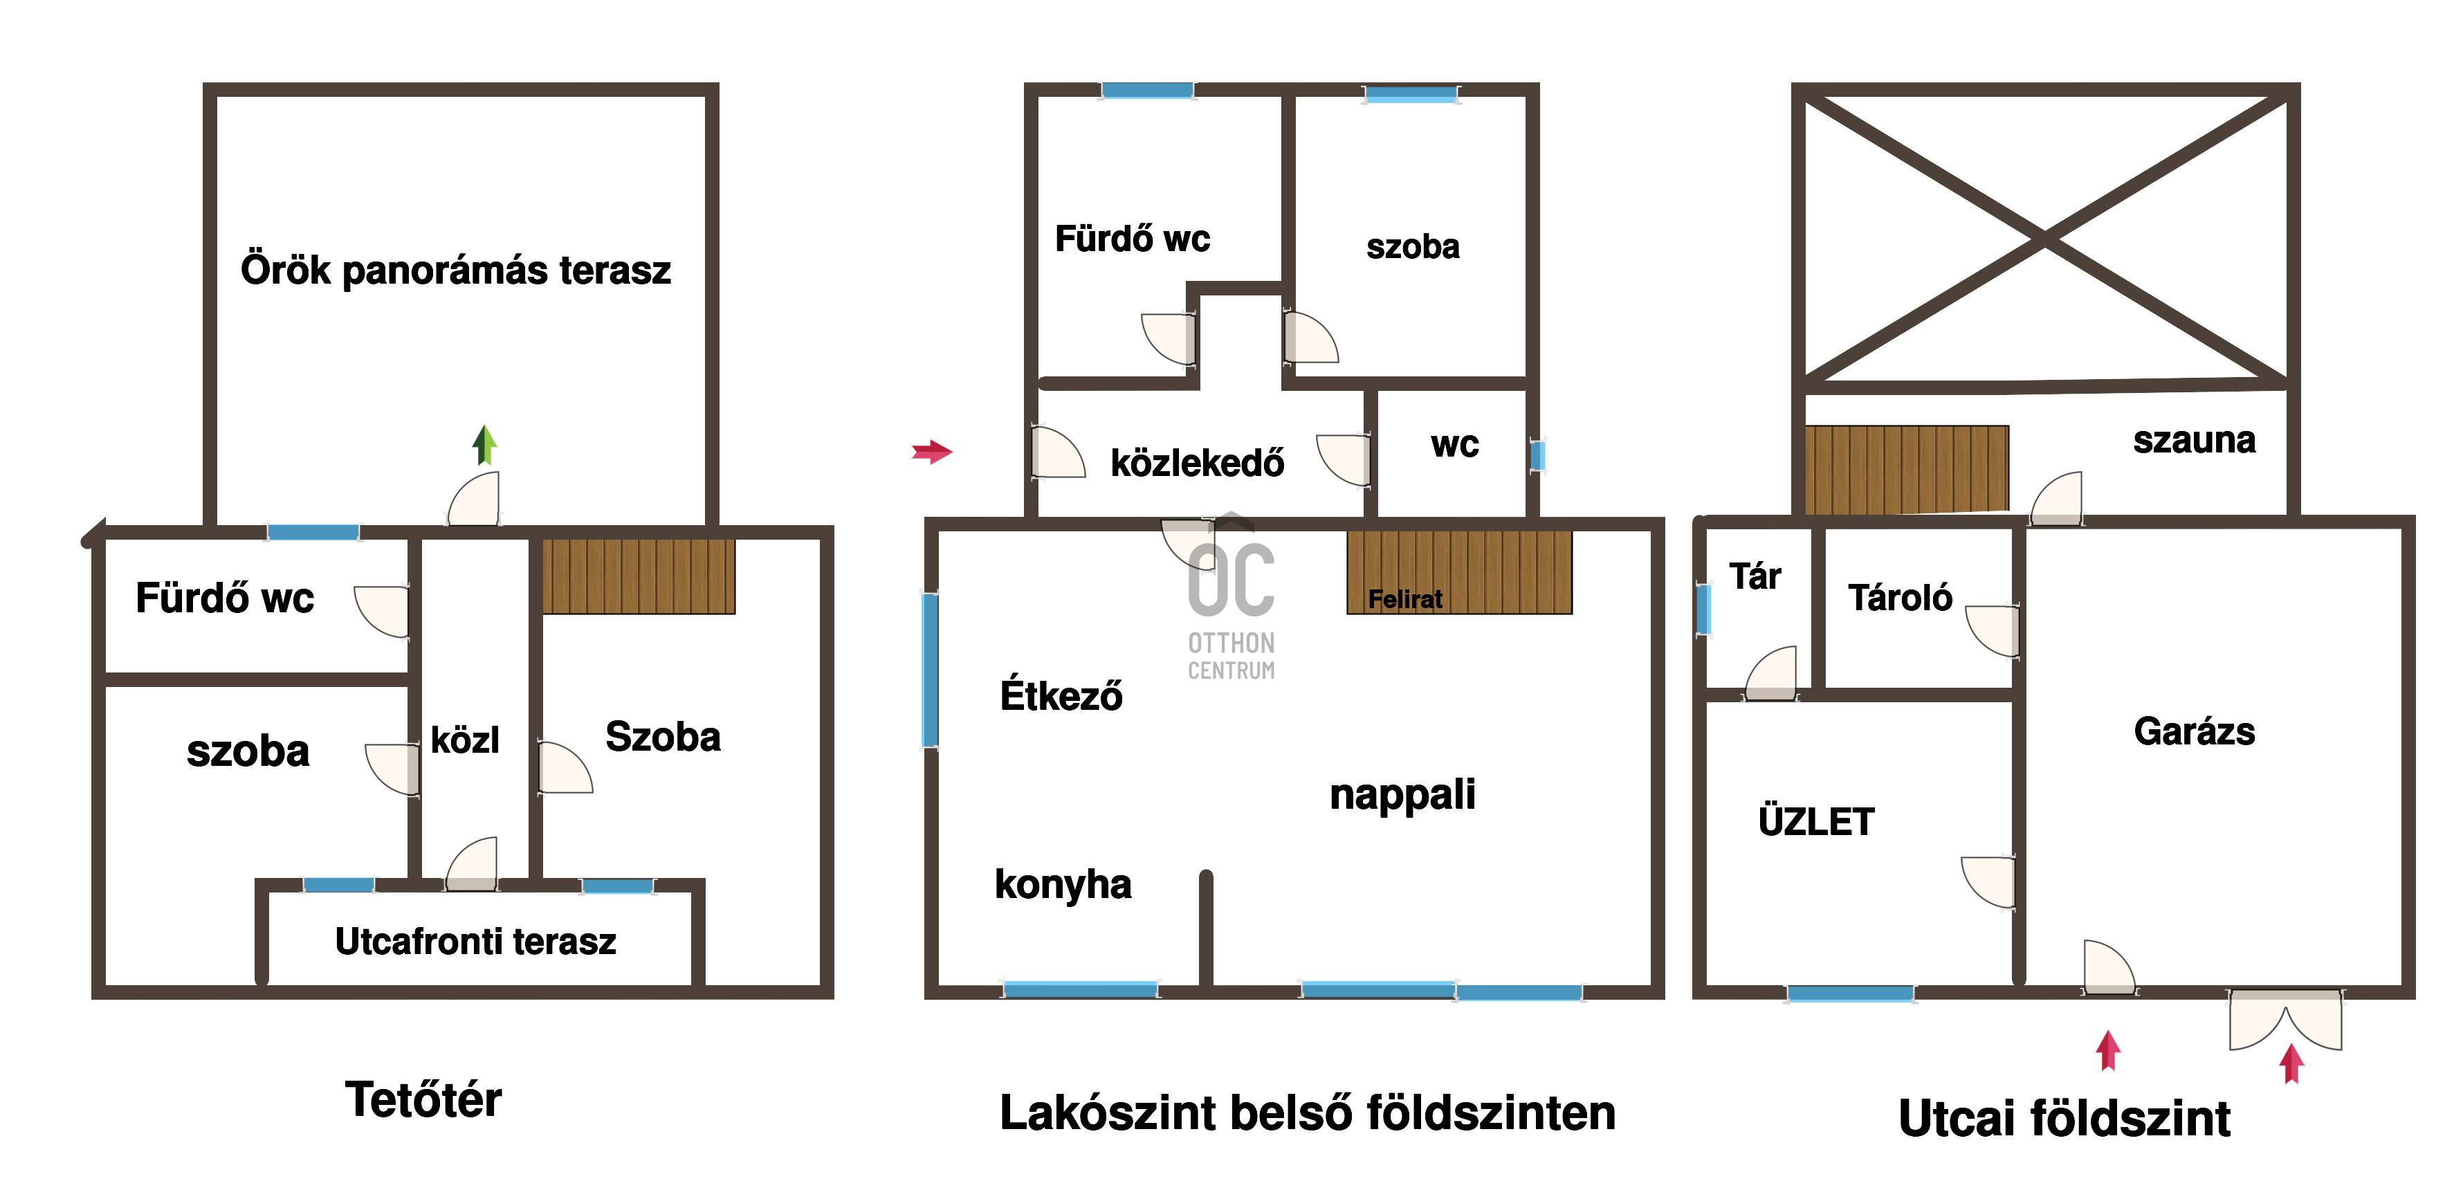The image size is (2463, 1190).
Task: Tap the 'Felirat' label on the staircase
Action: point(1404,599)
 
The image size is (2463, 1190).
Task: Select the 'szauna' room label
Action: point(2195,440)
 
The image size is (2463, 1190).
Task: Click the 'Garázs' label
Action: point(2195,731)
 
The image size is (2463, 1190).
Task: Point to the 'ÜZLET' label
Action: point(1815,822)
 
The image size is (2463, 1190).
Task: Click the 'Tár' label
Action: point(1755,576)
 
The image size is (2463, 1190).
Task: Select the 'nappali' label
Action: point(1402,794)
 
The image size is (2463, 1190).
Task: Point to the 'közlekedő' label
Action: point(1197,464)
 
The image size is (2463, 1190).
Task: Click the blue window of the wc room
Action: point(1537,455)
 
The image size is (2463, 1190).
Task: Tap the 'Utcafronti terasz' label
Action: point(475,942)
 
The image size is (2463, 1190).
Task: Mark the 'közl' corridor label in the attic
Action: point(465,740)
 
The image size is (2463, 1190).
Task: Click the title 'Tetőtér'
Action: point(423,1099)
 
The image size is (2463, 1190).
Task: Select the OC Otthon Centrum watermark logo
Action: point(1231,597)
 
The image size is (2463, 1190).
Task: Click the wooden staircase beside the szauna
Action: point(1907,468)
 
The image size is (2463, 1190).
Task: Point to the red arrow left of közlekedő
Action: point(932,451)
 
